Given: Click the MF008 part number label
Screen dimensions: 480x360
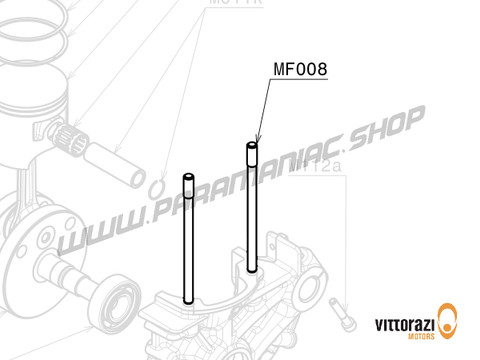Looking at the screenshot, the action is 300,71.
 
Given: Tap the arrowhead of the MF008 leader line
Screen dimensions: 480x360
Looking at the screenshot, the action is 256,141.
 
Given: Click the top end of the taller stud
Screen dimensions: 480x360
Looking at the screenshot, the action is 252,147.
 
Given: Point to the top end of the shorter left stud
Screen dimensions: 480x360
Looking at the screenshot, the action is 187,177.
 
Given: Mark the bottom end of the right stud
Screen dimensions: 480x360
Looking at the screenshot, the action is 252,267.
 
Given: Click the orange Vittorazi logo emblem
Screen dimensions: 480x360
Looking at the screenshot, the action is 450,326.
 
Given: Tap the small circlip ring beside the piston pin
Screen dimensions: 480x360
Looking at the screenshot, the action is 157,189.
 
